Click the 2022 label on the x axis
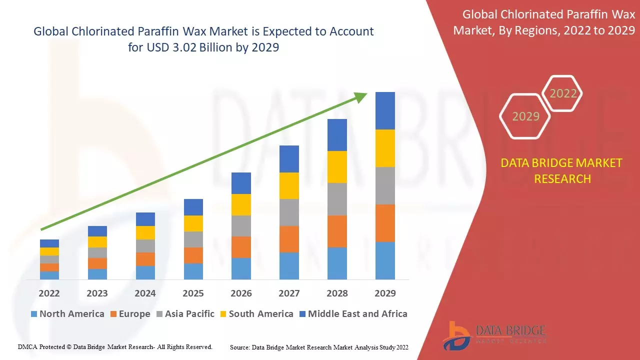click(x=49, y=293)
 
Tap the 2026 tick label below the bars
click(x=241, y=293)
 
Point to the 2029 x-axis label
click(x=385, y=293)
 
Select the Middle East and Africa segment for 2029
click(x=385, y=110)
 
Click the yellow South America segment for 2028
click(x=337, y=167)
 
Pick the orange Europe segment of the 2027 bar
click(x=289, y=239)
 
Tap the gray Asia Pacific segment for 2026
click(x=241, y=226)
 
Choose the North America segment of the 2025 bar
click(x=193, y=271)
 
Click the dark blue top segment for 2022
click(x=49, y=243)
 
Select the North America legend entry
click(x=67, y=314)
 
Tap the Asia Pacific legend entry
click(x=185, y=314)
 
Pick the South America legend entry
click(x=256, y=314)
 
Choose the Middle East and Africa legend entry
click(x=352, y=314)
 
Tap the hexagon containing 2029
click(x=525, y=116)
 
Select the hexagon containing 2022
click(x=562, y=93)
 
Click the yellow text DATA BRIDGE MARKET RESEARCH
click(x=562, y=170)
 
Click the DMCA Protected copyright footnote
click(x=115, y=346)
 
